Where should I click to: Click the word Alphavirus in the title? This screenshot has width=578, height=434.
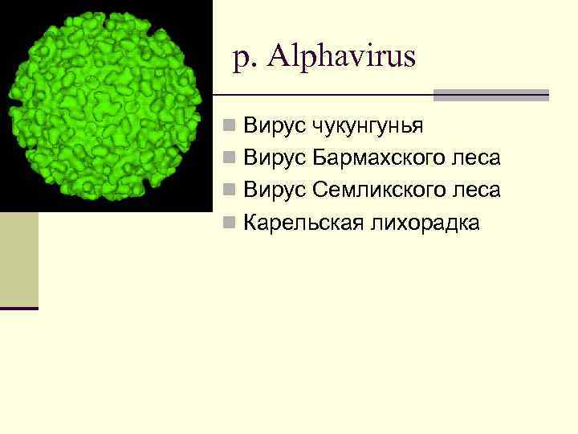pyautogui.click(x=343, y=57)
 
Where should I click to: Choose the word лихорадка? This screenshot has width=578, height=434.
pyautogui.click(x=425, y=223)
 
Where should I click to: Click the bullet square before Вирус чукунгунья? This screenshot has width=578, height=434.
pyautogui.click(x=230, y=126)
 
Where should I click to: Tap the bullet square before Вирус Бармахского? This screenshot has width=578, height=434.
pyautogui.click(x=230, y=158)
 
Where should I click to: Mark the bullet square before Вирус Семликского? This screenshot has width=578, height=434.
pyautogui.click(x=230, y=190)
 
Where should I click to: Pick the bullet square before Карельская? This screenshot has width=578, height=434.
pyautogui.click(x=230, y=223)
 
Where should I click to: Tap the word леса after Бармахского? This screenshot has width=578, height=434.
pyautogui.click(x=478, y=158)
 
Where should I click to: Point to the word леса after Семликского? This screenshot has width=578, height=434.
pyautogui.click(x=478, y=190)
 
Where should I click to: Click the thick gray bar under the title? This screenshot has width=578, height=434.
pyautogui.click(x=490, y=95)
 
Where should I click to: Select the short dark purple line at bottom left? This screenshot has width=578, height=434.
pyautogui.click(x=18, y=309)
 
